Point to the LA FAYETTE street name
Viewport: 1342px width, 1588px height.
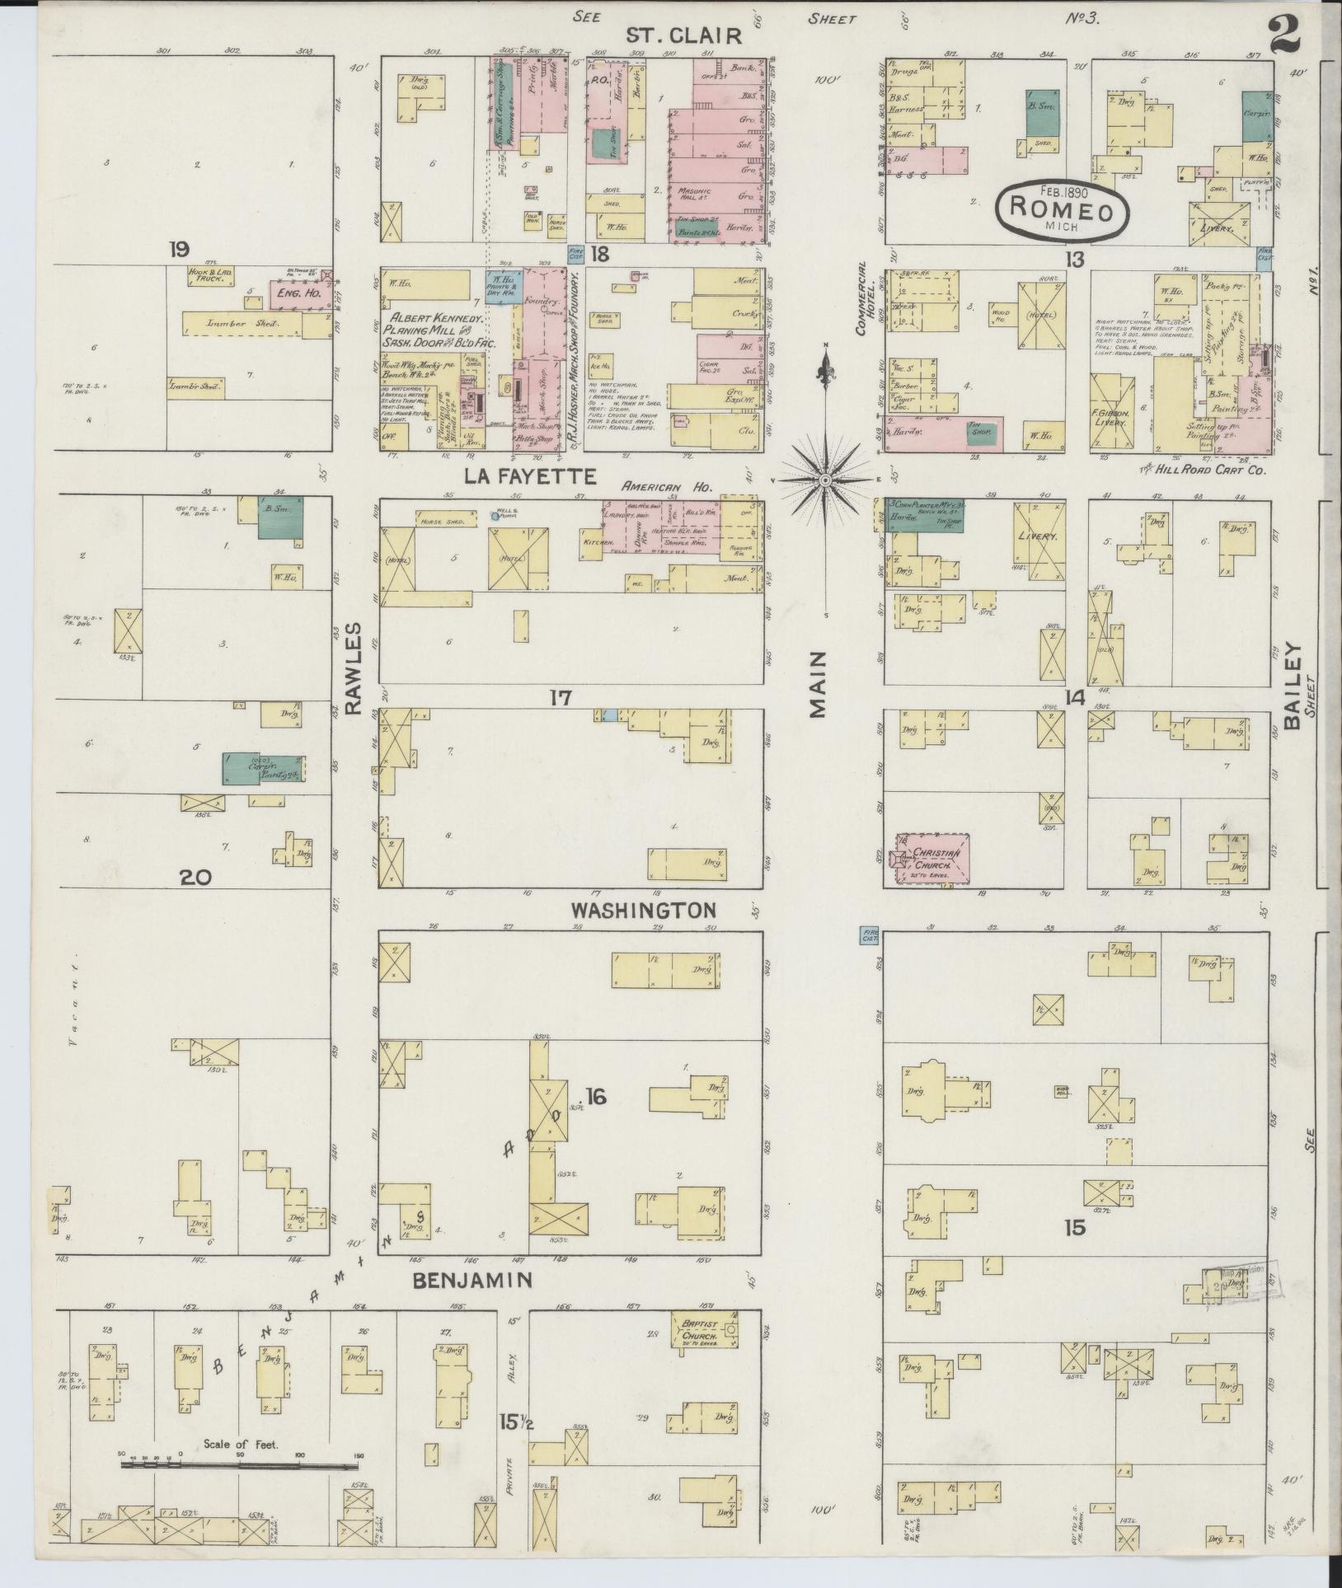tap(528, 476)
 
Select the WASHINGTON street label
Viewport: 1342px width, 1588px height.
tap(643, 911)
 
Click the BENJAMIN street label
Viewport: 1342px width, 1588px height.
tap(471, 1280)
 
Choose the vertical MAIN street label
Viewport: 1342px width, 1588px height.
tap(817, 684)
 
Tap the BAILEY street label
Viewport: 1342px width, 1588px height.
tap(1291, 685)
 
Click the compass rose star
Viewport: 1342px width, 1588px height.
tap(825, 480)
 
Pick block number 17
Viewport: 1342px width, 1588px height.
tap(561, 698)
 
